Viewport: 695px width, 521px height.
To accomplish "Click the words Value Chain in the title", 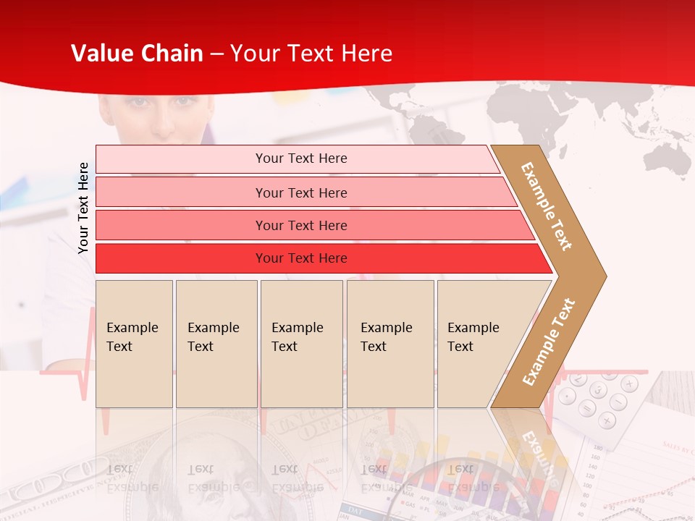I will coord(137,54).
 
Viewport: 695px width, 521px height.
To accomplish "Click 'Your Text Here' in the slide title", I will coord(311,54).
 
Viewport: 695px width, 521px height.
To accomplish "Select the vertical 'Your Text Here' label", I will coord(83,208).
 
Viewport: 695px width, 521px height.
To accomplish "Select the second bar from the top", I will coord(300,192).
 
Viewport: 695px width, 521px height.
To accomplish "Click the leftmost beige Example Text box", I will coord(134,344).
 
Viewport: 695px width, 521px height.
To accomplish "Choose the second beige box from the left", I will coord(216,344).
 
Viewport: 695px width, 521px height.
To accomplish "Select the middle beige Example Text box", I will coord(301,344).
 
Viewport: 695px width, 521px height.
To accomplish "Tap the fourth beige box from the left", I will coord(390,344).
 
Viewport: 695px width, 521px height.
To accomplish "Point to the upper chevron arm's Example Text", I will coord(547,206).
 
